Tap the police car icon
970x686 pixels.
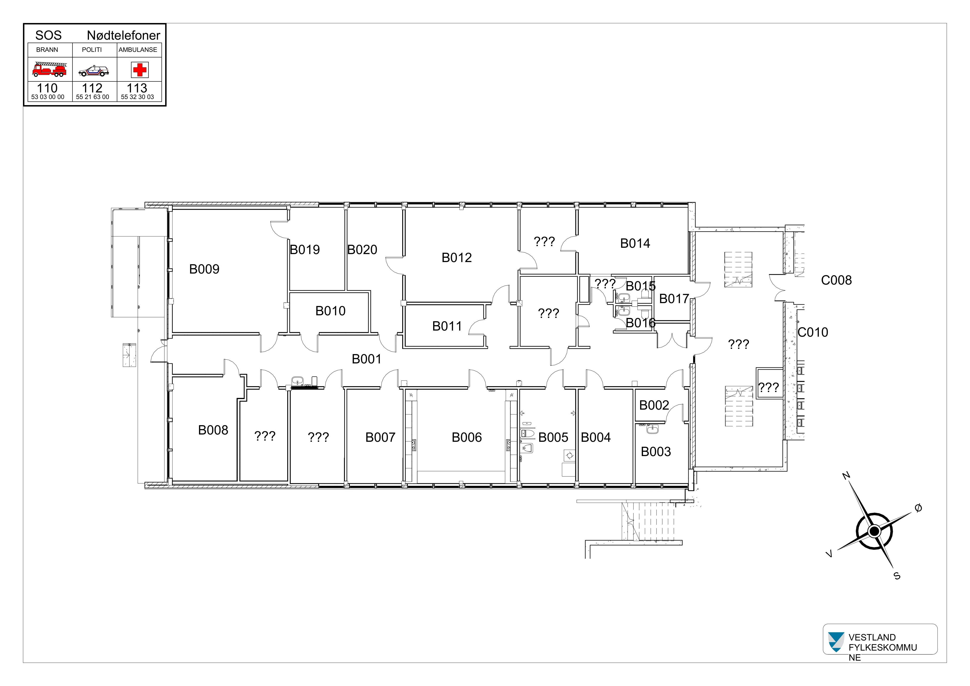[94, 71]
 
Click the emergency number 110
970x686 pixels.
[47, 88]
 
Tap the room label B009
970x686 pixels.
[204, 269]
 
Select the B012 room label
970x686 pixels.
[456, 258]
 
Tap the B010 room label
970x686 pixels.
[330, 311]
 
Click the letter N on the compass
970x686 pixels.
[846, 476]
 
